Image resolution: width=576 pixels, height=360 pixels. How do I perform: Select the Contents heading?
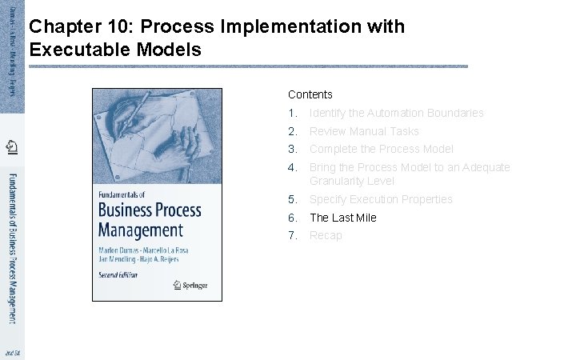(x=310, y=94)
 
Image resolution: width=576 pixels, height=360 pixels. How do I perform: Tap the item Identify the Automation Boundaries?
(x=396, y=113)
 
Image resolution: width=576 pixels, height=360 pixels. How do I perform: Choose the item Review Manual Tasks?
(x=364, y=131)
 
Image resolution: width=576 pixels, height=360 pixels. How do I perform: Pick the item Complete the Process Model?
(x=381, y=149)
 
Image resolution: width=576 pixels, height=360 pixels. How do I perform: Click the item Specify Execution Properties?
(x=381, y=199)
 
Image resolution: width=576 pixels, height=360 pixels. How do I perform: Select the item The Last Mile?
(x=342, y=218)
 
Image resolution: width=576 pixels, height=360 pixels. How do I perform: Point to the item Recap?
(x=326, y=235)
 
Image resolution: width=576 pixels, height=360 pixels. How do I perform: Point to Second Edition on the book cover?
(x=118, y=274)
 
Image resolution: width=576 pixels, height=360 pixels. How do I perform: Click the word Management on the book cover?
(x=140, y=230)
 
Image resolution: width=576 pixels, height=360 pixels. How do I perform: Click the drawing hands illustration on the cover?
(x=156, y=132)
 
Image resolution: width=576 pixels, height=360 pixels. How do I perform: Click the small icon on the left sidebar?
(x=12, y=146)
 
